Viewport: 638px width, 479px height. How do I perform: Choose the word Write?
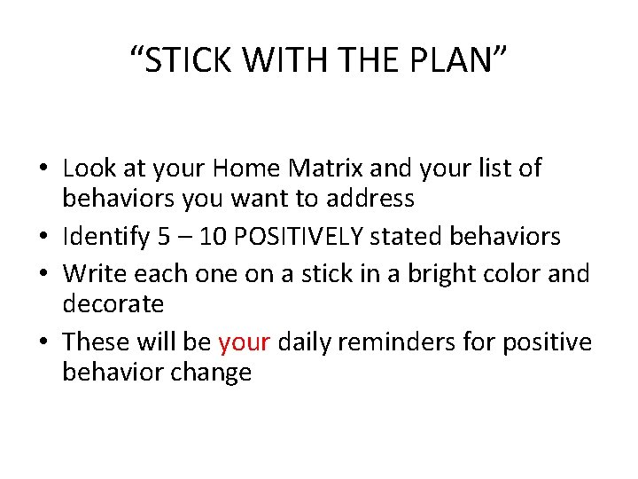pyautogui.click(x=89, y=272)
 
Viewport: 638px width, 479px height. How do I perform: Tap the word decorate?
pyautogui.click(x=113, y=304)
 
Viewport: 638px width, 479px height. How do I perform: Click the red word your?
pyautogui.click(x=243, y=342)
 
